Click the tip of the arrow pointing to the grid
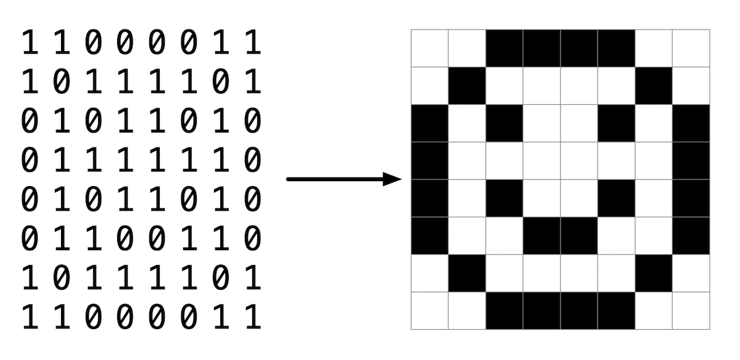(401, 179)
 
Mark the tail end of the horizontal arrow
(287, 179)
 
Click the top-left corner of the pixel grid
(411, 30)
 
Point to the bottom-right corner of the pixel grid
(710, 330)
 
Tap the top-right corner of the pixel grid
(710, 30)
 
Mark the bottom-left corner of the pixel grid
(411, 330)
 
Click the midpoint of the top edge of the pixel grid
(561, 30)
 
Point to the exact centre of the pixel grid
(561, 179)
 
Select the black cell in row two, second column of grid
(467, 86)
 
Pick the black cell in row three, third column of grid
(504, 123)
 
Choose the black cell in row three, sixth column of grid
(616, 123)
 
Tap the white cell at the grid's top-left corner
(429, 48)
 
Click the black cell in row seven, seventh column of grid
(654, 273)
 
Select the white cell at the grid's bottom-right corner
(691, 311)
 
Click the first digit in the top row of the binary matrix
(30, 43)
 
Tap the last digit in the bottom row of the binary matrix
(253, 317)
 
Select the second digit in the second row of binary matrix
(62, 81)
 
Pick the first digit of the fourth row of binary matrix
(30, 160)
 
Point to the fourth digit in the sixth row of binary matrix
(125, 238)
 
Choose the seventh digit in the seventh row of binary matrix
(221, 277)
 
